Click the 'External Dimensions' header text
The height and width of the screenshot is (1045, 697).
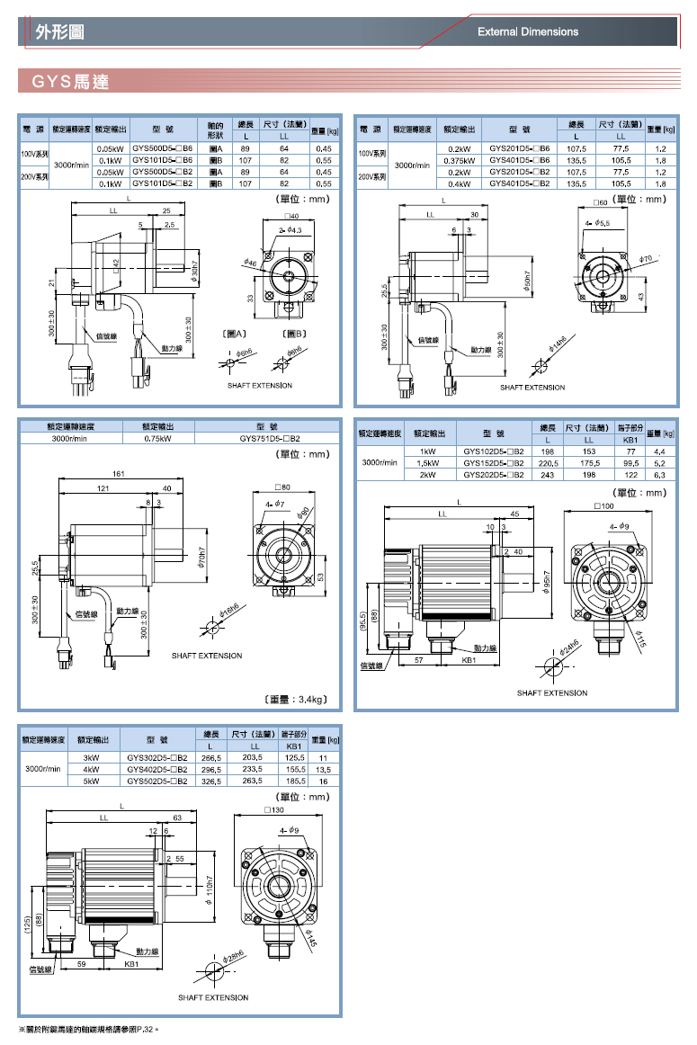(x=528, y=32)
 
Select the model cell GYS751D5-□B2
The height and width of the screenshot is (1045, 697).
(x=269, y=439)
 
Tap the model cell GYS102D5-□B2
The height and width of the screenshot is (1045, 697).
(x=493, y=451)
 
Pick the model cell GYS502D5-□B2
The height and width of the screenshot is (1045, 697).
(x=157, y=782)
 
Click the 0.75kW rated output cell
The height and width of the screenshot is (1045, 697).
(x=158, y=439)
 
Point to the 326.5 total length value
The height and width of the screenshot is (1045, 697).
(x=210, y=782)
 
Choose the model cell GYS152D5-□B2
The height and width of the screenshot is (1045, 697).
(x=493, y=462)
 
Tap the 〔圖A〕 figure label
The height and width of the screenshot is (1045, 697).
(x=234, y=334)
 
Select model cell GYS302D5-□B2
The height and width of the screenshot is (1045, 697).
(x=157, y=758)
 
